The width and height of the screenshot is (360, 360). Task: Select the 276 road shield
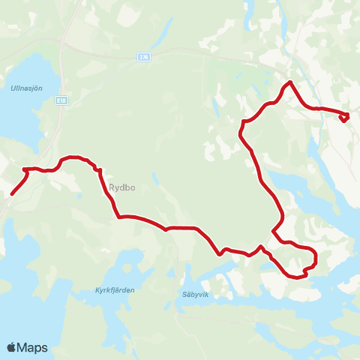(x=144, y=56)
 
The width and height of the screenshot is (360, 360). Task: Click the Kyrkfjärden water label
(x=113, y=289)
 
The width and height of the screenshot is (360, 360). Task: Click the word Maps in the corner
(x=33, y=347)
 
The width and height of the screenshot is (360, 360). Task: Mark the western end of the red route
(x=12, y=193)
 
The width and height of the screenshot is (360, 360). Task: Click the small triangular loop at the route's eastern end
(x=345, y=117)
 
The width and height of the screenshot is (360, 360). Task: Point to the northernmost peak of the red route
(x=289, y=81)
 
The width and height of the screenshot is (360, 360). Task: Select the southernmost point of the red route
(x=297, y=277)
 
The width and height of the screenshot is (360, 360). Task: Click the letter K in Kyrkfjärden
(x=98, y=289)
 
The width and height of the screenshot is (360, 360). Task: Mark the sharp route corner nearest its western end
(x=27, y=169)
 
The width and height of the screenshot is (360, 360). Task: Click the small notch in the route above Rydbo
(x=98, y=170)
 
